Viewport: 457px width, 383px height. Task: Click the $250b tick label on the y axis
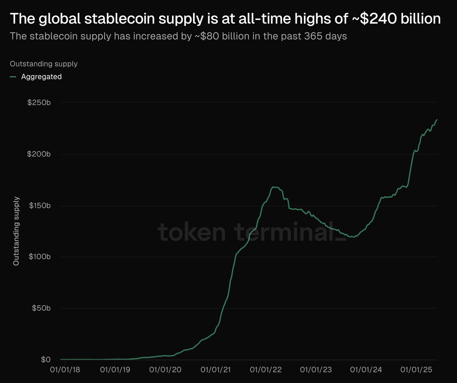pos(40,103)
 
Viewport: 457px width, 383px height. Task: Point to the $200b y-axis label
pos(40,154)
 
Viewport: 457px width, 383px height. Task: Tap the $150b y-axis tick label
pos(40,206)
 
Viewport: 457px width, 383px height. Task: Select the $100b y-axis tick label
pos(40,257)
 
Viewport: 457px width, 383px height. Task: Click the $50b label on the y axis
pos(41,308)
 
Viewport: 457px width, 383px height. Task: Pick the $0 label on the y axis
pos(45,359)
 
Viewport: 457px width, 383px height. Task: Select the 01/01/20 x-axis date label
pos(165,370)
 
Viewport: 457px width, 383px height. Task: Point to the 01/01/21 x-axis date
pos(215,370)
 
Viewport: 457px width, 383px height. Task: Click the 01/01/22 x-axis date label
pos(265,370)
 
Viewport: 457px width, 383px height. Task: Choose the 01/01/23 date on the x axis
pos(316,370)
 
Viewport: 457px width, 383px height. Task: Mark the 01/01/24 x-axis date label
pos(366,370)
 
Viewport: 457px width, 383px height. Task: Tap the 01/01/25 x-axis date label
pos(416,370)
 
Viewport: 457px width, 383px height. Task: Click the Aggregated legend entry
pos(42,77)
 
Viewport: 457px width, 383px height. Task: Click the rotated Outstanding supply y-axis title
pos(16,231)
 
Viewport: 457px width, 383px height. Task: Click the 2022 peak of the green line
pos(273,187)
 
